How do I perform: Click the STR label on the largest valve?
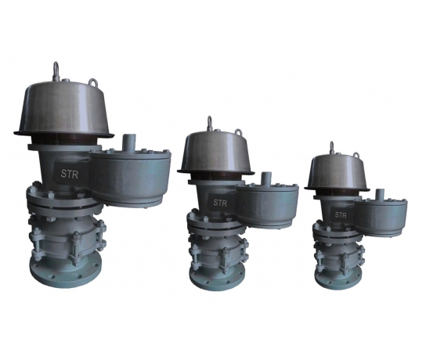[70, 174]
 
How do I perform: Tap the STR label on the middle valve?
[220, 203]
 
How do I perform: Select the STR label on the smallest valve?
[341, 215]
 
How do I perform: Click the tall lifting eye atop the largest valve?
[56, 70]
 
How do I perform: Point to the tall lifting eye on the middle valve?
[209, 124]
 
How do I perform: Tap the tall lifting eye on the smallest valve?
[332, 148]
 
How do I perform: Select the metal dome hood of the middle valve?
[216, 153]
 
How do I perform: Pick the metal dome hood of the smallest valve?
[337, 172]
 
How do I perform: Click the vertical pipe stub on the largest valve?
[128, 143]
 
